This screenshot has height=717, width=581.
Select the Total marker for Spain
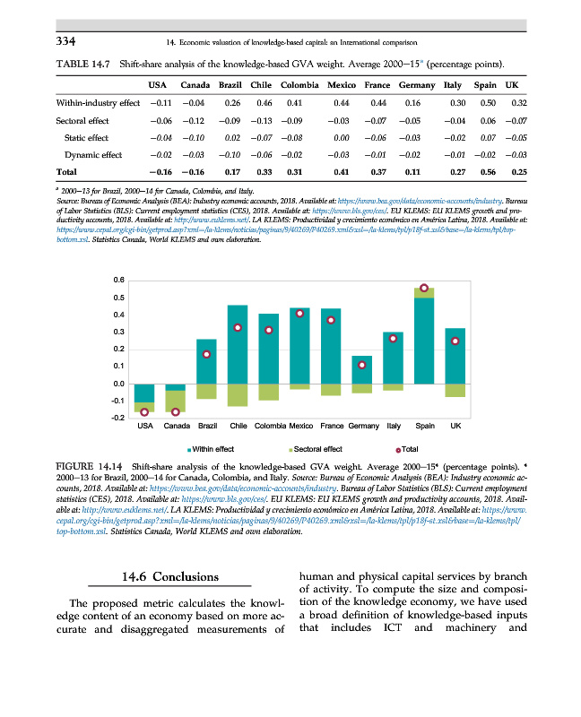(x=425, y=289)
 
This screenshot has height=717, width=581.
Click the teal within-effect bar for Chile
(x=238, y=344)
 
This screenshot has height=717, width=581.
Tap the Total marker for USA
(x=143, y=411)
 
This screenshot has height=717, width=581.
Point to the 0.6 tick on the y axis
(x=118, y=281)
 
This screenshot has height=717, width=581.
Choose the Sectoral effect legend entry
(x=315, y=448)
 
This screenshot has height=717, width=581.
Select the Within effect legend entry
(x=211, y=448)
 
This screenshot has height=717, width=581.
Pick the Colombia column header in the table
(x=299, y=84)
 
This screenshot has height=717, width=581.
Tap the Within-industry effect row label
(x=98, y=103)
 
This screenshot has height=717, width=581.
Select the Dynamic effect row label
(x=93, y=155)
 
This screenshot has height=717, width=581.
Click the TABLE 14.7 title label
(x=86, y=63)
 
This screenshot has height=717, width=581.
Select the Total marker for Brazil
(x=206, y=354)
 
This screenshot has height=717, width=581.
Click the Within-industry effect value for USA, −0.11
(x=161, y=103)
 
